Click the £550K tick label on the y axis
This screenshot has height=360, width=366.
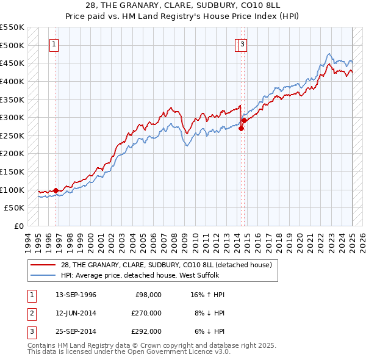(12, 27)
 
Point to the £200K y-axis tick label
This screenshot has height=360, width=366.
(12, 154)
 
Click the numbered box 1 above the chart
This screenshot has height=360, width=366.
(54, 44)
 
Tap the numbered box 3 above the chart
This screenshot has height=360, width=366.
(243, 44)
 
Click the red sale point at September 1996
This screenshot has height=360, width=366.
(56, 190)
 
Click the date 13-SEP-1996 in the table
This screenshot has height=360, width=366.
(76, 295)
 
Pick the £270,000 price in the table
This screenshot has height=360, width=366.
(147, 313)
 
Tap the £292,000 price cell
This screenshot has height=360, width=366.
(147, 331)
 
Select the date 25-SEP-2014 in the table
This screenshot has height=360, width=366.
(76, 331)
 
